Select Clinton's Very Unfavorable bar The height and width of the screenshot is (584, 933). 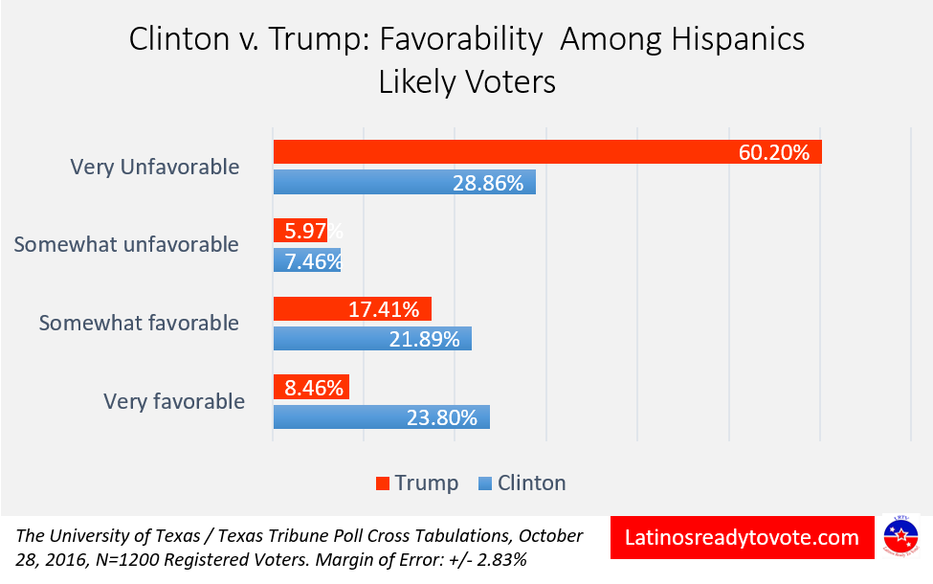383,183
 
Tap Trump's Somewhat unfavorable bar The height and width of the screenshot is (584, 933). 300,231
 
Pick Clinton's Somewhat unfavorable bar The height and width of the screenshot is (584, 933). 306,260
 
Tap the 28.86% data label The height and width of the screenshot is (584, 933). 488,183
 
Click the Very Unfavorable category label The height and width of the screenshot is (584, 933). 155,168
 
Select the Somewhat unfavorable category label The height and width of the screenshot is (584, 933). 126,245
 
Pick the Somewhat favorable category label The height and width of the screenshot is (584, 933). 139,324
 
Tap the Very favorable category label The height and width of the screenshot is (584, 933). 174,401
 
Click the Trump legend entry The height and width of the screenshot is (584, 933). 417,483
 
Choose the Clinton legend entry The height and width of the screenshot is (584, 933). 522,483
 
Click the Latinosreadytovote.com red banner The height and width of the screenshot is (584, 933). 741,538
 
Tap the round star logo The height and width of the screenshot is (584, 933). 900,537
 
